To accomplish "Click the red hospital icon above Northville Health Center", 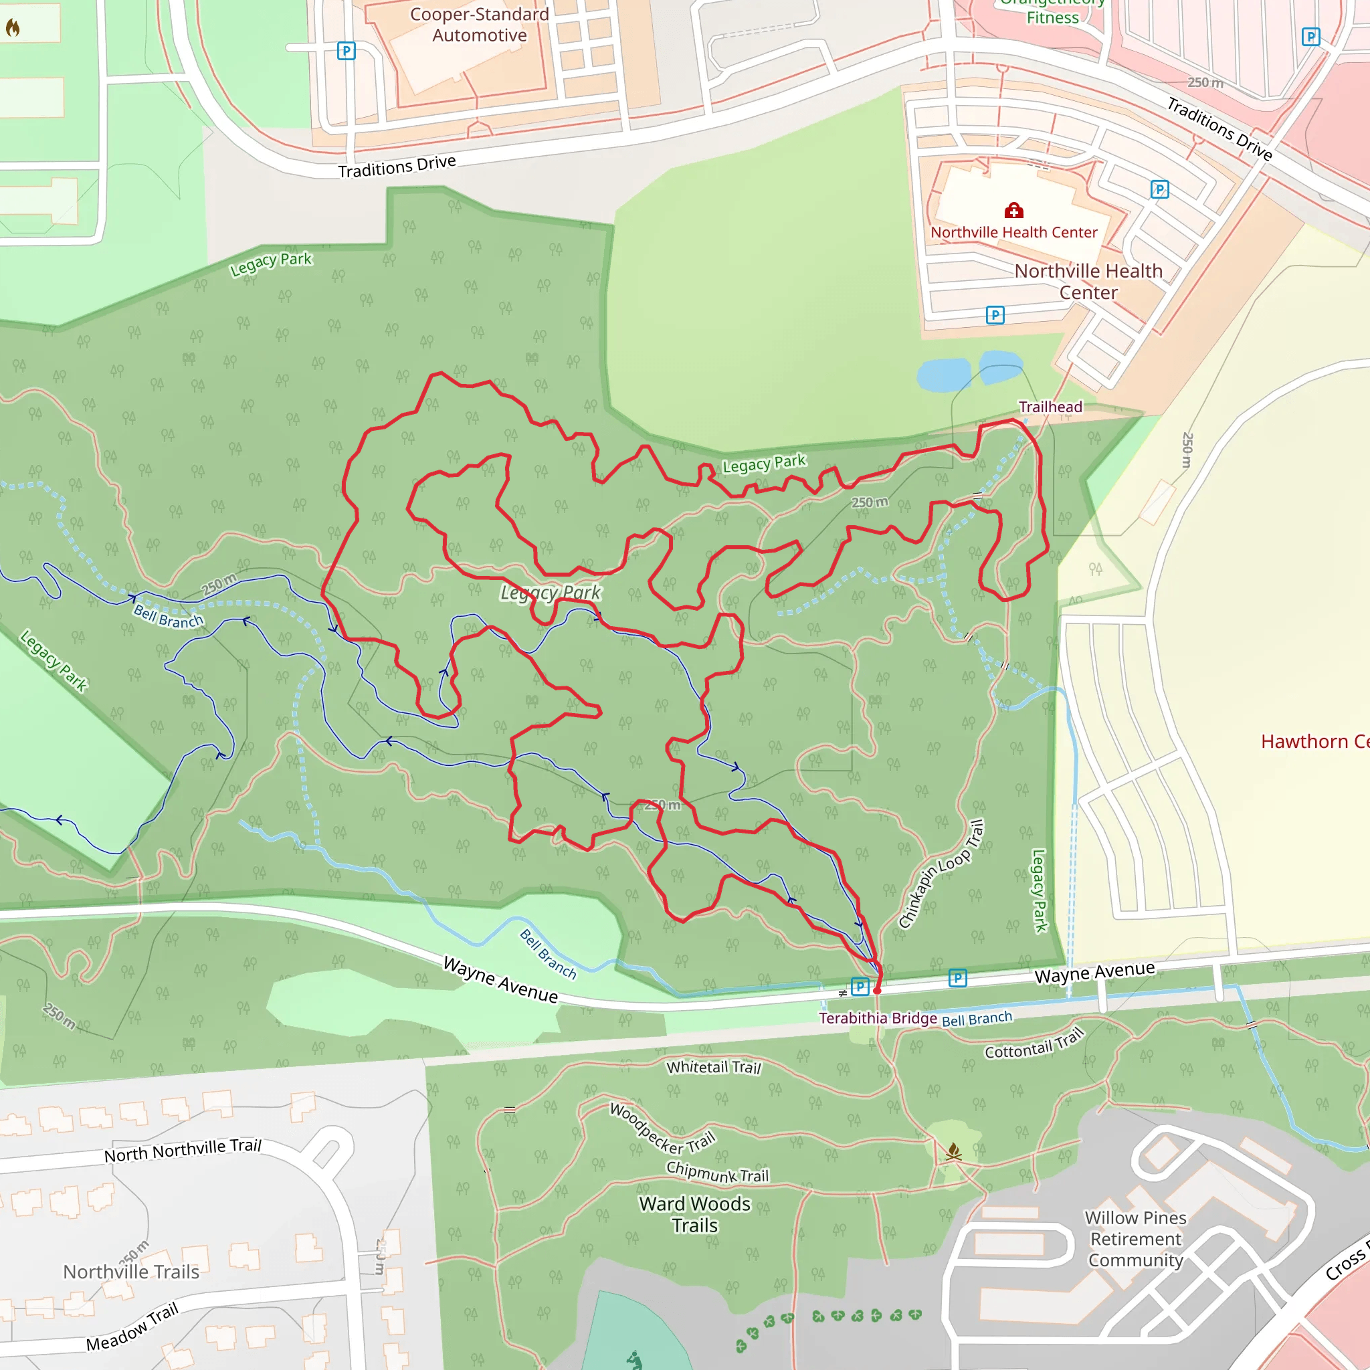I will [1013, 211].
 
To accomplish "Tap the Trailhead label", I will [1050, 407].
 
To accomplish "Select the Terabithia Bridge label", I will [877, 1018].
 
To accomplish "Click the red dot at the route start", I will [877, 991].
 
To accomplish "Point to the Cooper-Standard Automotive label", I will [480, 25].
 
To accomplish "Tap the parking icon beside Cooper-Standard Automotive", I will [346, 51].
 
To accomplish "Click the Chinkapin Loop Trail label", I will [941, 874].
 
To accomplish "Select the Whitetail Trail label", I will [713, 1067].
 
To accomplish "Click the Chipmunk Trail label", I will [717, 1172].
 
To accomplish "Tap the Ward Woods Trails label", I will [695, 1215].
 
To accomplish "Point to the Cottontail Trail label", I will [1035, 1044].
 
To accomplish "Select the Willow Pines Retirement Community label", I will [1135, 1239].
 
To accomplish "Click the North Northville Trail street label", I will [183, 1149].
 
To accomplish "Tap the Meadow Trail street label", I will [132, 1327].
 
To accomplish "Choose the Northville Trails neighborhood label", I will [131, 1272].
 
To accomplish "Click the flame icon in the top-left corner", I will [13, 27].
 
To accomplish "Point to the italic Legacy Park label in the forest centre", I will [551, 592].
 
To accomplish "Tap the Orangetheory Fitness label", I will [1052, 11].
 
